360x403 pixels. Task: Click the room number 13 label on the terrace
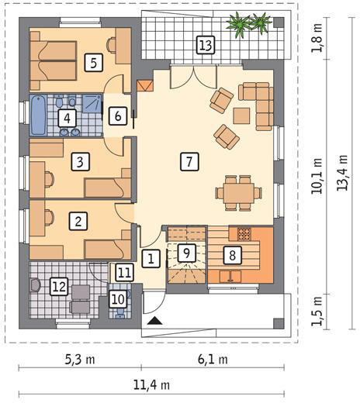click(206, 45)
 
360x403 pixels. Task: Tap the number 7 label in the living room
click(189, 162)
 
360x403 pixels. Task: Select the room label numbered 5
click(94, 63)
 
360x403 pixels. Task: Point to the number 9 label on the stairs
click(187, 253)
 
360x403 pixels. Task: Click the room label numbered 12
click(60, 287)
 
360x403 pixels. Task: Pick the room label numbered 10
click(118, 299)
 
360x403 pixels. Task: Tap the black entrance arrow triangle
click(155, 321)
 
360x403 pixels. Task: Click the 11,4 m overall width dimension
click(151, 385)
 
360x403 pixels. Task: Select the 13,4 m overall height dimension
click(342, 173)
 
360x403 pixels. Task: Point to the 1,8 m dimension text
click(317, 38)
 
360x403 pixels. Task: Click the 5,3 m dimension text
click(80, 360)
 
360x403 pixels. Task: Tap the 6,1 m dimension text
click(213, 360)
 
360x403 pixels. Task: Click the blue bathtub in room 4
click(38, 115)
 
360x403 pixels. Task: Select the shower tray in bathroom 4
click(92, 104)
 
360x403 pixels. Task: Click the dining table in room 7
click(239, 193)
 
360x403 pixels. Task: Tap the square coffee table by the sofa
click(241, 116)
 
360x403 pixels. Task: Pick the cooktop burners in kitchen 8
click(244, 234)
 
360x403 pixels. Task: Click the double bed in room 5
click(54, 61)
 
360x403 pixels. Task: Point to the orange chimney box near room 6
click(145, 86)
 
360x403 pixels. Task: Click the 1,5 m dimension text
click(317, 311)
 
